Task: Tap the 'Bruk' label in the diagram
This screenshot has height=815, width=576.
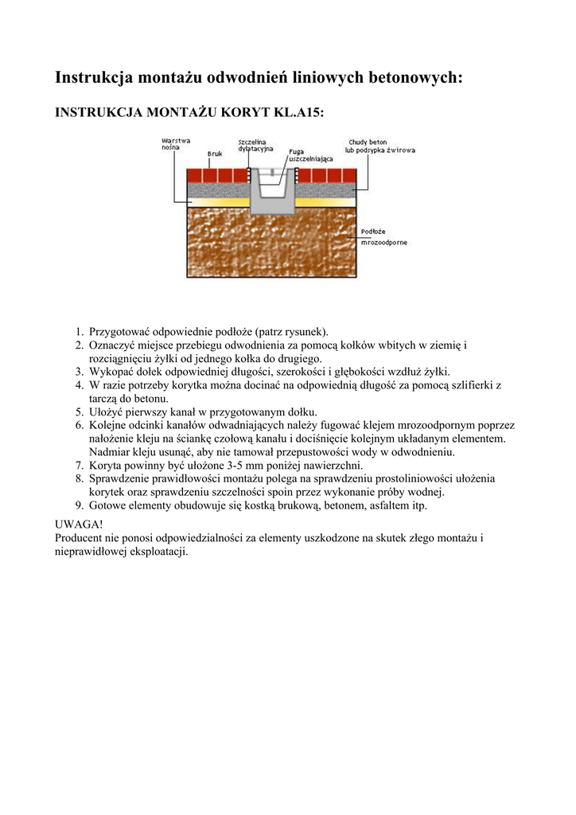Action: pos(215,154)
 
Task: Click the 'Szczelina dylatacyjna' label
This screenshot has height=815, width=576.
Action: pos(255,146)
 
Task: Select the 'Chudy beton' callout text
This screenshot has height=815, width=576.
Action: pos(368,142)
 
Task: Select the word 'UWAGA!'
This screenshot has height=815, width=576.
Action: pos(79,524)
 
